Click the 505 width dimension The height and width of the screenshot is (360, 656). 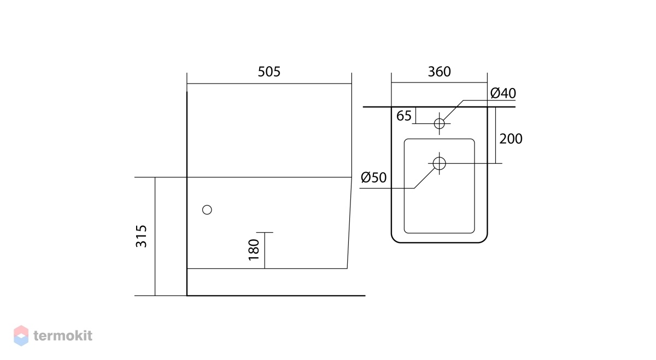269,72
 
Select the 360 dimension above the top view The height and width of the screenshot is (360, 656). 439,72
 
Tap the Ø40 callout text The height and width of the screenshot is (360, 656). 503,93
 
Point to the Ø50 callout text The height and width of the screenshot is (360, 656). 374,178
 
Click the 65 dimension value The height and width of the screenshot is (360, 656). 404,116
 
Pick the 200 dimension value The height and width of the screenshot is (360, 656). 511,139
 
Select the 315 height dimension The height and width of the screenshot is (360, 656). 141,236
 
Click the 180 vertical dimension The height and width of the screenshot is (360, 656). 254,250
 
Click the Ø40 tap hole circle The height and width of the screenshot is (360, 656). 440,119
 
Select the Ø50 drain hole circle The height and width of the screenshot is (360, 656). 440,157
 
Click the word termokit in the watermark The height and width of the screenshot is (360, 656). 63,336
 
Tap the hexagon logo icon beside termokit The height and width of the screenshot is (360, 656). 21,336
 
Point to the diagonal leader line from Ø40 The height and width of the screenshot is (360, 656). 453,110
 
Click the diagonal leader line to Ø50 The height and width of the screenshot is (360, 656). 425,178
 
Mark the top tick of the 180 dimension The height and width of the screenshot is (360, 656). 265,232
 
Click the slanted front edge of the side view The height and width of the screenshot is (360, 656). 349,223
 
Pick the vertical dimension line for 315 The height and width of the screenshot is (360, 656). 155,237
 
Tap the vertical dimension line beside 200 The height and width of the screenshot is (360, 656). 495,135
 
